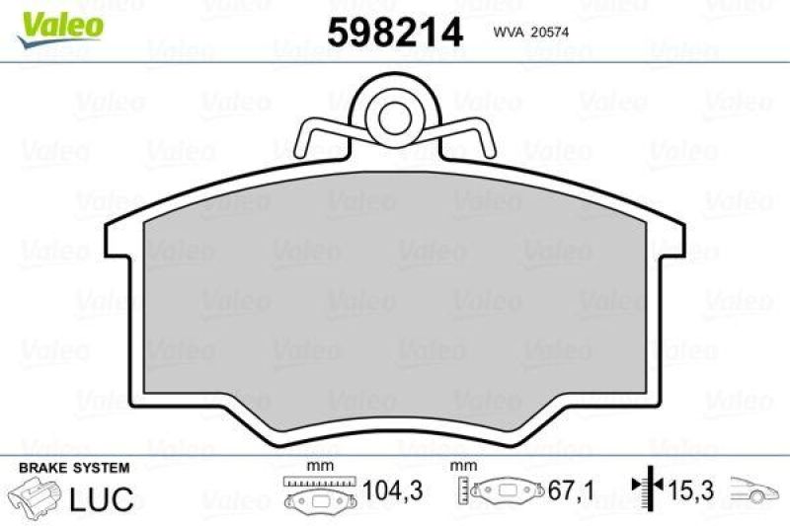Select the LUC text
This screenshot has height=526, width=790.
click(x=102, y=497)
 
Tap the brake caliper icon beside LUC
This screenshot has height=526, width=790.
click(x=35, y=496)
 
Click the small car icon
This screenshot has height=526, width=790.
click(x=754, y=490)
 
